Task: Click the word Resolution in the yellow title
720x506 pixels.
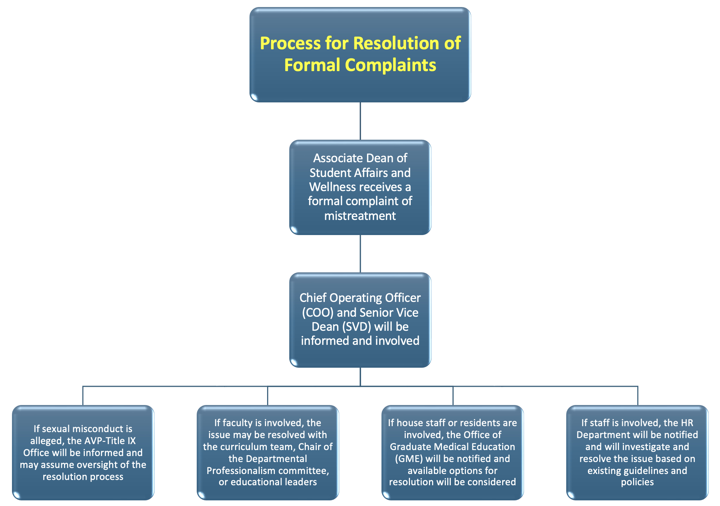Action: pyautogui.click(x=396, y=43)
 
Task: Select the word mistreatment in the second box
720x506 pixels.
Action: pyautogui.click(x=360, y=216)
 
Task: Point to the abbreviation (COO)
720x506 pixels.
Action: pyautogui.click(x=318, y=312)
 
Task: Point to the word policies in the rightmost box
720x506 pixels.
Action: pyautogui.click(x=637, y=482)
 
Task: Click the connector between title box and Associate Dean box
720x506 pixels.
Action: pyautogui.click(x=360, y=121)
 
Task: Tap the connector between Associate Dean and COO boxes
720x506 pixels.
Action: pyautogui.click(x=360, y=254)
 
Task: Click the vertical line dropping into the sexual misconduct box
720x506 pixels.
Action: pyautogui.click(x=83, y=396)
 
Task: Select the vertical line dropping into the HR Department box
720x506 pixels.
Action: pyautogui.click(x=638, y=396)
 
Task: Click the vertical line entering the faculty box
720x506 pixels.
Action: pyautogui.click(x=267, y=396)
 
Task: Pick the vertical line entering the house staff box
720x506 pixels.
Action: pyautogui.click(x=453, y=396)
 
